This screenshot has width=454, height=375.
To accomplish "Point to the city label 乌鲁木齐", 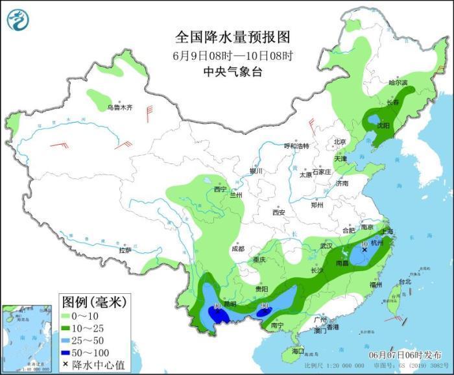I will coord(119,107).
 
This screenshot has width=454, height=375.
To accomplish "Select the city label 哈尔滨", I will coord(398,83).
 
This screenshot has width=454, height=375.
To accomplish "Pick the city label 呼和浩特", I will coord(297,146).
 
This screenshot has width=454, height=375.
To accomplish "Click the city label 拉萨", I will coord(125,250).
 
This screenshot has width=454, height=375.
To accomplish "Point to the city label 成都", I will coord(237,248).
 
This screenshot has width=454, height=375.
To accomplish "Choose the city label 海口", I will coord(298,350).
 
